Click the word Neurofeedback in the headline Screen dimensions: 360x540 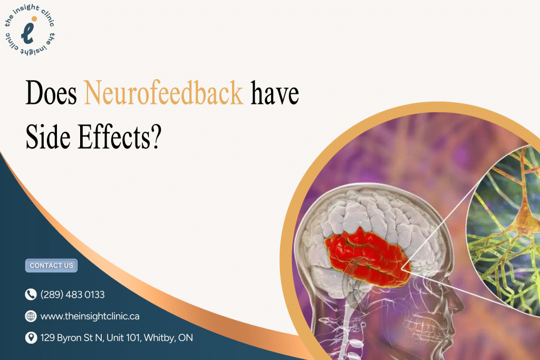[164, 94]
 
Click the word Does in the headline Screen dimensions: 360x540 [52, 94]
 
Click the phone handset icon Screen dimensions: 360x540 [31, 295]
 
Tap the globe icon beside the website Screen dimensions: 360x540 [31, 316]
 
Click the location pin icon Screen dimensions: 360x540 [31, 338]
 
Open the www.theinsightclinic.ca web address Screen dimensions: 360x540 [90, 316]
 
